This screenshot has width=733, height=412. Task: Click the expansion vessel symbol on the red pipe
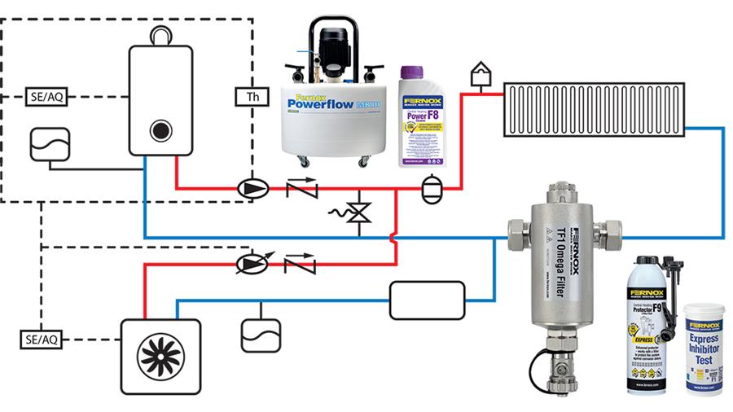430,189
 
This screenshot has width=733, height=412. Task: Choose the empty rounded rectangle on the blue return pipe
427,300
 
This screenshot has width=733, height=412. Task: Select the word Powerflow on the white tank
323,105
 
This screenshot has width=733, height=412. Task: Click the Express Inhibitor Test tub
703,348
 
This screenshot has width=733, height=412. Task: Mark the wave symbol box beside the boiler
49,145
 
